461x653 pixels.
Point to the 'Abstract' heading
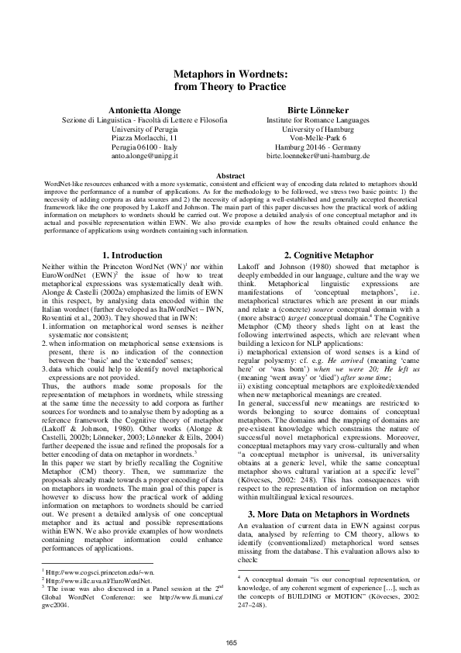(x=231, y=176)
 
